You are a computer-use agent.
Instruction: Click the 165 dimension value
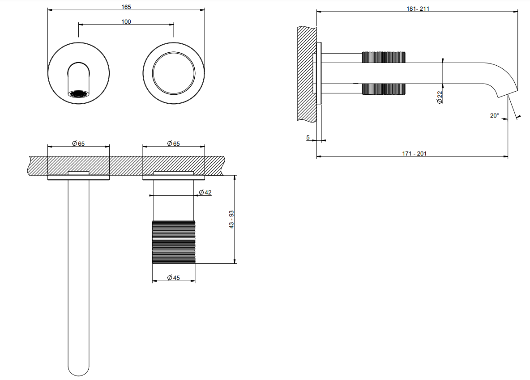[x=126, y=7]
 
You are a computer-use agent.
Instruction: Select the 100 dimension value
[x=126, y=21]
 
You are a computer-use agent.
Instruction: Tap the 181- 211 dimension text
[x=418, y=9]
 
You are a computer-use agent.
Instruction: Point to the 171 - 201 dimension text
[x=415, y=153]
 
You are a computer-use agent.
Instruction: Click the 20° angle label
[x=495, y=115]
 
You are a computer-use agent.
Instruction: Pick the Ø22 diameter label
[x=440, y=97]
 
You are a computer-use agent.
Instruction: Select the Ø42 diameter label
[x=205, y=192]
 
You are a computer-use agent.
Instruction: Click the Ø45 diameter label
[x=173, y=278]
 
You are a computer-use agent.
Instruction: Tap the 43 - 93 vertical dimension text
[x=231, y=220]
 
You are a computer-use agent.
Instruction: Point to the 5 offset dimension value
[x=308, y=138]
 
